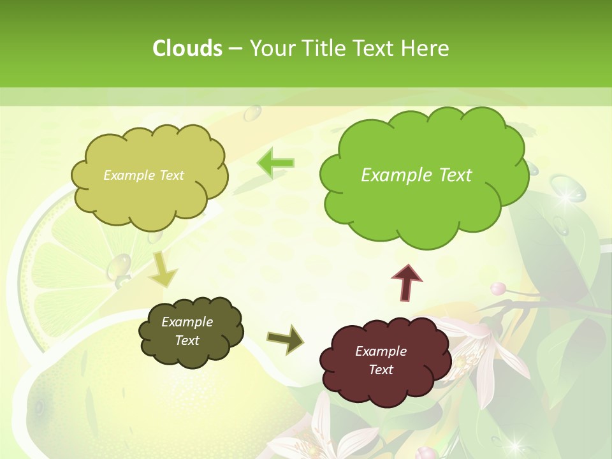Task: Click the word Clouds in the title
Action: pyautogui.click(x=187, y=48)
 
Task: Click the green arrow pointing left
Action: pyautogui.click(x=276, y=163)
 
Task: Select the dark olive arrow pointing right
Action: pyautogui.click(x=285, y=339)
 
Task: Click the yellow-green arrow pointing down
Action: pyautogui.click(x=163, y=270)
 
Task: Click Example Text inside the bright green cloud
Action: pyautogui.click(x=416, y=175)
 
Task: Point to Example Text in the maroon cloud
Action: pyautogui.click(x=381, y=360)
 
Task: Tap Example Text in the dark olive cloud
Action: pyautogui.click(x=187, y=331)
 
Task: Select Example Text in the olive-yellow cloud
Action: pyautogui.click(x=143, y=175)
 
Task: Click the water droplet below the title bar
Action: pyautogui.click(x=253, y=113)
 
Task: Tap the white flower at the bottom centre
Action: pyautogui.click(x=338, y=433)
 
